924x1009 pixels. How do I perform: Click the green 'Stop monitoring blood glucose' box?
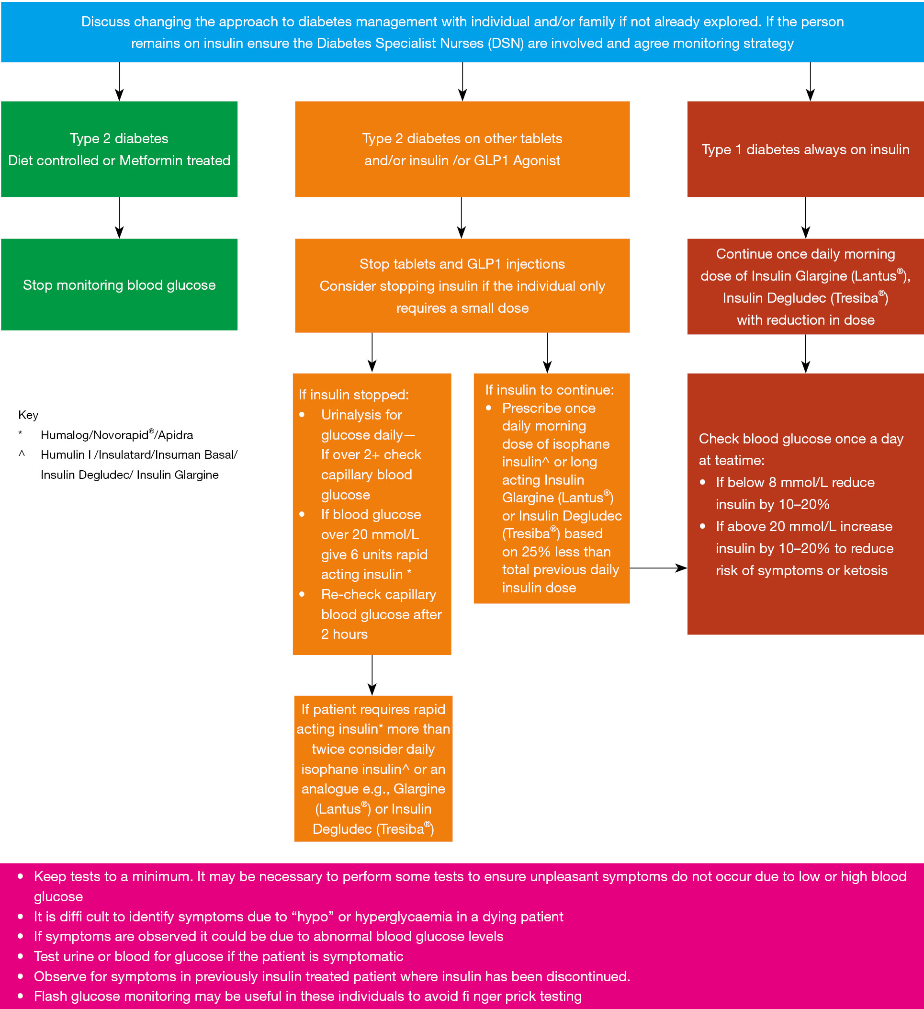119,284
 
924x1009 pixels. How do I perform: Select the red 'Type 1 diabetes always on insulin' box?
805,149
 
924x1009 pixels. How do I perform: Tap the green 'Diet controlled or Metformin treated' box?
119,149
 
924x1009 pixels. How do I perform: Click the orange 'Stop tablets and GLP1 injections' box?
462,285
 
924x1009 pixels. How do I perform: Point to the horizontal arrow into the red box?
658,568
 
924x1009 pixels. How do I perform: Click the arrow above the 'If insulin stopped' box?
372,352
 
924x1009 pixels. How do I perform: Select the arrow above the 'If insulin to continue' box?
547,352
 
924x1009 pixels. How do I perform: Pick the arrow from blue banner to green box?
119,81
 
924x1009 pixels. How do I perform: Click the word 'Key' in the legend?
28,415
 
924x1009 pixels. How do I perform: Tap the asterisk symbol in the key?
20,433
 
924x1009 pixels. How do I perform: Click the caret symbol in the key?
22,454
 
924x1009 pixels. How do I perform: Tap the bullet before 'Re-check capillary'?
302,595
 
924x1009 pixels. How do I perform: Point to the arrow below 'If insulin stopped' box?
372,675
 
